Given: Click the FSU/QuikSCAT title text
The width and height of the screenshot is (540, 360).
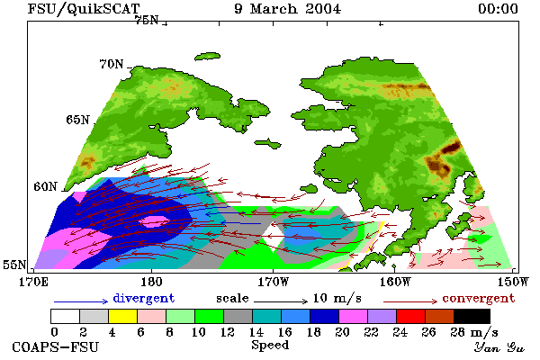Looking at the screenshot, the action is coord(84,9).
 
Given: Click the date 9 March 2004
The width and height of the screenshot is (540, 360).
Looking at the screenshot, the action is coord(288,9).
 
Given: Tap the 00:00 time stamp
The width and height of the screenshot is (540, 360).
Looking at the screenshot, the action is coord(498,9).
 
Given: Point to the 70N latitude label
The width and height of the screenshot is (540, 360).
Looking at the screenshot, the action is coord(112,64).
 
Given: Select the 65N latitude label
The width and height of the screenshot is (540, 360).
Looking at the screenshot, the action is coord(77,120).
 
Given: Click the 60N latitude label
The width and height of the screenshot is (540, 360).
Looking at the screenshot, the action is coord(45,186).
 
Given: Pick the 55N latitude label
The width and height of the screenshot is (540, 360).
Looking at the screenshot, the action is coord(14,265).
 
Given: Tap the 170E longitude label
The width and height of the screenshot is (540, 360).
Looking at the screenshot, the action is coord(33,282).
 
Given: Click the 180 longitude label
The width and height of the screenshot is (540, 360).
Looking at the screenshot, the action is coord(151,282).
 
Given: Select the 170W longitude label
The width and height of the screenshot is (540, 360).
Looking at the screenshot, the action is coord(274,282).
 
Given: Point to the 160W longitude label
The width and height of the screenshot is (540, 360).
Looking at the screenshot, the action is coord(395,282).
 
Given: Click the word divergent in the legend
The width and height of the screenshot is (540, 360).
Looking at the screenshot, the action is coord(144,298).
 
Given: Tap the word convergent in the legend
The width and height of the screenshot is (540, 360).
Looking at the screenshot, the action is coord(479,298).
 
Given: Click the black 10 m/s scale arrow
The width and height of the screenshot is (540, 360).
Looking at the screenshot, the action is coord(281,301).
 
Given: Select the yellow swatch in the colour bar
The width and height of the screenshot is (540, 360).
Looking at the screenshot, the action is coord(123,316).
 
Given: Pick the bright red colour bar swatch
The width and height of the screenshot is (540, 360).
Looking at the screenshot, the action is coord(411,316).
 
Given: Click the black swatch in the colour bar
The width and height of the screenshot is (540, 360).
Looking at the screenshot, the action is coord(472,316).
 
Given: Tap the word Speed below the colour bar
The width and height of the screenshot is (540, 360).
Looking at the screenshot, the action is coord(270,346).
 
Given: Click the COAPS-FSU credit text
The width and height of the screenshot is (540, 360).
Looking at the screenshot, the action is coord(56,346).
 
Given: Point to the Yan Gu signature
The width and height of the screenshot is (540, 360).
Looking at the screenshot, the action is coord(499,347).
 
